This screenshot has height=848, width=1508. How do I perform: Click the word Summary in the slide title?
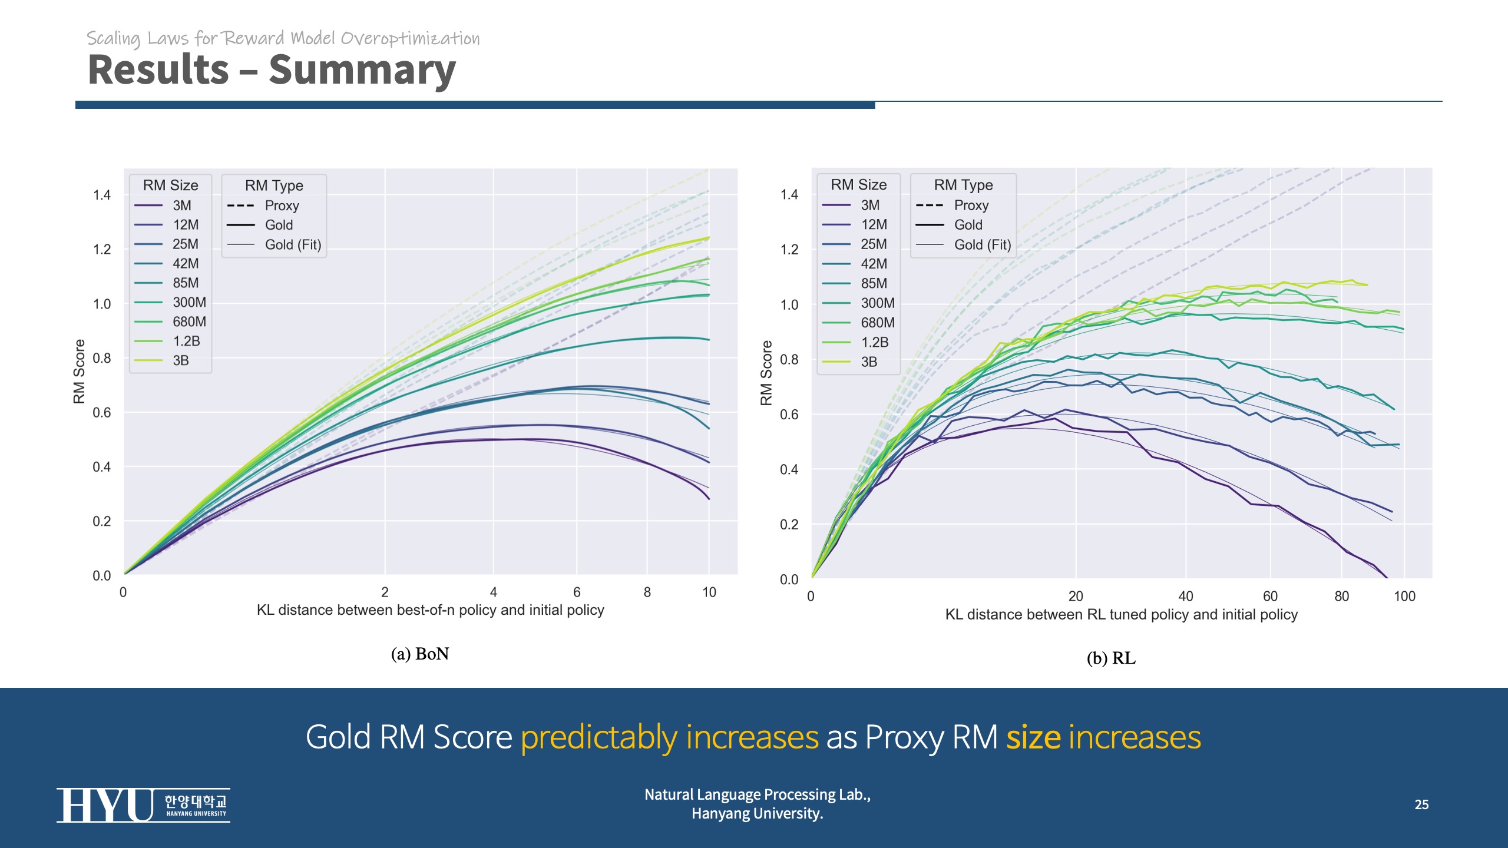click(x=362, y=70)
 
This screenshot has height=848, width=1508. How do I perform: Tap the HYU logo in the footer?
click(x=143, y=805)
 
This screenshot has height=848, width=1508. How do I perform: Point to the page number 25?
click(x=1421, y=804)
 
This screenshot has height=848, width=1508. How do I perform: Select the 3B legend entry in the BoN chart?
click(x=170, y=360)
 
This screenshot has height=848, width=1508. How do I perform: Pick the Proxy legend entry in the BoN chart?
click(x=272, y=206)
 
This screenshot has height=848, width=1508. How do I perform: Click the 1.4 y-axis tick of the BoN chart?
click(x=101, y=195)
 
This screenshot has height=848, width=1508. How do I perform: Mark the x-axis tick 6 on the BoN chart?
click(x=576, y=592)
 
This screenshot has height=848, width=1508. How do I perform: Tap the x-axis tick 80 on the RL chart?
click(x=1341, y=596)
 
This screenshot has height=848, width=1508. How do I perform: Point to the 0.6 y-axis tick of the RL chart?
click(x=789, y=415)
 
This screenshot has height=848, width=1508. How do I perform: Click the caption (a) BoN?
click(x=419, y=654)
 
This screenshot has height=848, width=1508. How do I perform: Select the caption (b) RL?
click(x=1111, y=658)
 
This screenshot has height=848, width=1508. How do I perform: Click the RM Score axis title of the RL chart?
click(x=766, y=373)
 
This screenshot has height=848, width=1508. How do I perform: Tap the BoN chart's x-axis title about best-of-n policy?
click(x=430, y=610)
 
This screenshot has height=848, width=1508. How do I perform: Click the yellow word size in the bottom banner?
click(x=1033, y=737)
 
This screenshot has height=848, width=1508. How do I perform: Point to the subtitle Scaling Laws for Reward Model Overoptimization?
click(x=283, y=38)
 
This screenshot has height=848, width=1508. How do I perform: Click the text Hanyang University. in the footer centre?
click(x=757, y=813)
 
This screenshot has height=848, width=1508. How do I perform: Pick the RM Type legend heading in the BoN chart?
click(x=274, y=185)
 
